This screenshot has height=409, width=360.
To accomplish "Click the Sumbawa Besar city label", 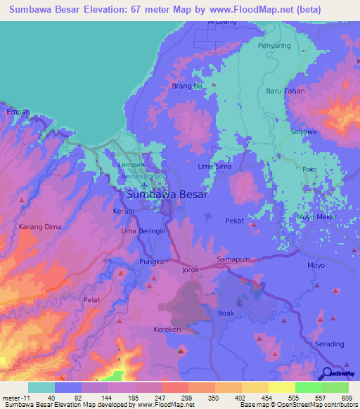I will (x=167, y=195).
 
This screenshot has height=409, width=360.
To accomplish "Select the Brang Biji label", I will (x=187, y=86).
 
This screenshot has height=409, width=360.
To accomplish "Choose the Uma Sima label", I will (x=215, y=167).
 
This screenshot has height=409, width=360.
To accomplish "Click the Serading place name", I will (x=330, y=344).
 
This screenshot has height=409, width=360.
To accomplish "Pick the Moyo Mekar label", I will (x=314, y=217).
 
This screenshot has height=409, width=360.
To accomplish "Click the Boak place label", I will (x=226, y=313).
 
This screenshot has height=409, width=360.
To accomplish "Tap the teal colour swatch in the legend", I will (x=41, y=387).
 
